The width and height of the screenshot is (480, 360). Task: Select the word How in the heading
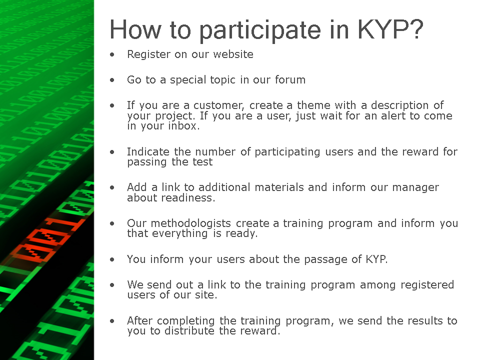tap(135, 29)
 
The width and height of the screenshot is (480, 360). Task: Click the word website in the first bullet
tap(233, 54)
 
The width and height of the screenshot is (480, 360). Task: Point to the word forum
tap(290, 79)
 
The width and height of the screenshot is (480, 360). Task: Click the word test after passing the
tap(202, 161)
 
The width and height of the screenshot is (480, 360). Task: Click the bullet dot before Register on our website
tap(112, 55)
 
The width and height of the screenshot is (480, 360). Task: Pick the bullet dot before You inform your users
tap(112, 259)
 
